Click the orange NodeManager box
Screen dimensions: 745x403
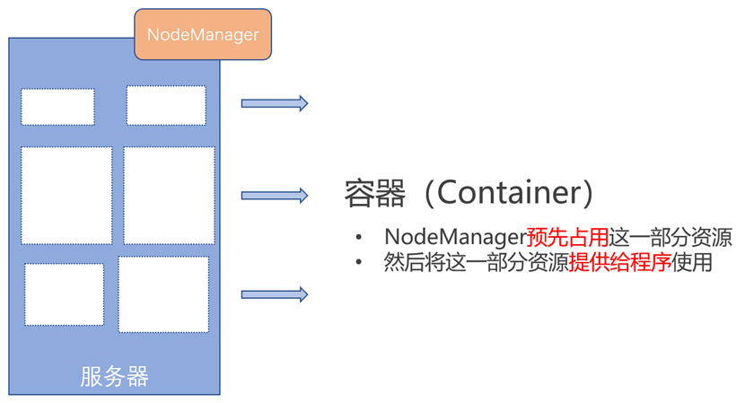[203, 34]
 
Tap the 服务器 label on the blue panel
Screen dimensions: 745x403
[114, 376]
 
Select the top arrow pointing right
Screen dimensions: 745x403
[275, 103]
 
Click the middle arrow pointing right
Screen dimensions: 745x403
[275, 196]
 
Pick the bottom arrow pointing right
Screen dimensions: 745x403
[275, 294]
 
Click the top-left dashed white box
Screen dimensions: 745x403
[57, 107]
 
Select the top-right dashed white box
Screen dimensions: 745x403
[166, 106]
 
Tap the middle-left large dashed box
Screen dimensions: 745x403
[66, 196]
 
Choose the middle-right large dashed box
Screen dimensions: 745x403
[169, 196]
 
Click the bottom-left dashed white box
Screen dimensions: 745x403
[64, 294]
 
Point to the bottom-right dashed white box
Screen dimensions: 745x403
[163, 294]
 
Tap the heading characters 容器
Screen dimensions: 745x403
[375, 193]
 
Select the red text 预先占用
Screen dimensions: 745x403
[568, 237]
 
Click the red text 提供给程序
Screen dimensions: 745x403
[620, 262]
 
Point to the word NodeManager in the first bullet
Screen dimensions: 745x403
[455, 237]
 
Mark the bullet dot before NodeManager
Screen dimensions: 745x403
[359, 236]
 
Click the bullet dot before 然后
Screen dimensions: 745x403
[359, 261]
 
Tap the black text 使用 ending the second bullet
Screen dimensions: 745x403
[692, 262]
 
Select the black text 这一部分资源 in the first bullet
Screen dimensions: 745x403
[670, 237]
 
